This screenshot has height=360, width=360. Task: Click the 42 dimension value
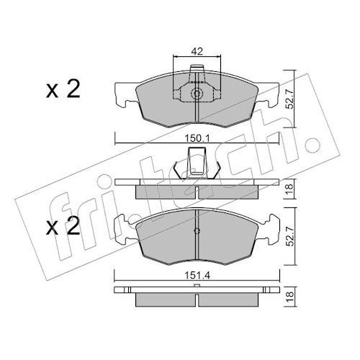[197, 51]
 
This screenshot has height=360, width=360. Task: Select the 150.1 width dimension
[197, 138]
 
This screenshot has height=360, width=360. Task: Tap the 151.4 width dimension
[197, 276]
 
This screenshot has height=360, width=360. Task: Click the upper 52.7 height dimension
[290, 99]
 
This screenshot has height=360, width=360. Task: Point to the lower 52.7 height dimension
[290, 236]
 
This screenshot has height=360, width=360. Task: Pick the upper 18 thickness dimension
[290, 189]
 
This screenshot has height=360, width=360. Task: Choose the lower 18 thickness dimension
[290, 297]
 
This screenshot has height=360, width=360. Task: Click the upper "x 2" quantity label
[63, 90]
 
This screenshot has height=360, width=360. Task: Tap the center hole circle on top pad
[197, 94]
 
